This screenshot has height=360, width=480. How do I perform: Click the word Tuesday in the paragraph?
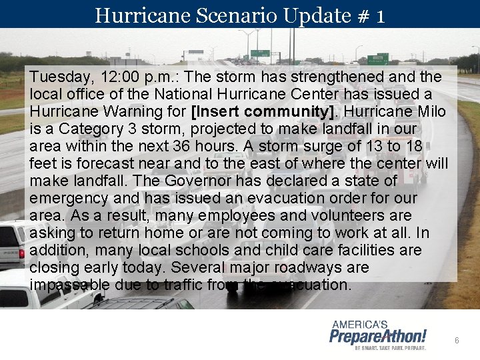tap(59, 77)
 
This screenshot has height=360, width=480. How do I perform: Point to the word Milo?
tap(424, 111)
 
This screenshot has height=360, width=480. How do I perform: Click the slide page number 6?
tap(457, 340)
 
